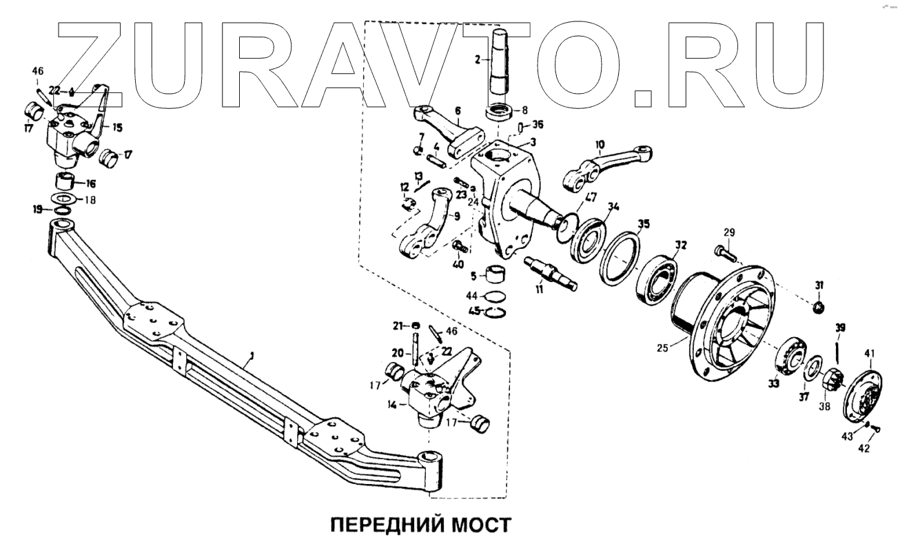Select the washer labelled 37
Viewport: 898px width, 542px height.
pyautogui.click(x=813, y=366)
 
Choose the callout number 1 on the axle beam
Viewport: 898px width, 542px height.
pyautogui.click(x=252, y=355)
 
